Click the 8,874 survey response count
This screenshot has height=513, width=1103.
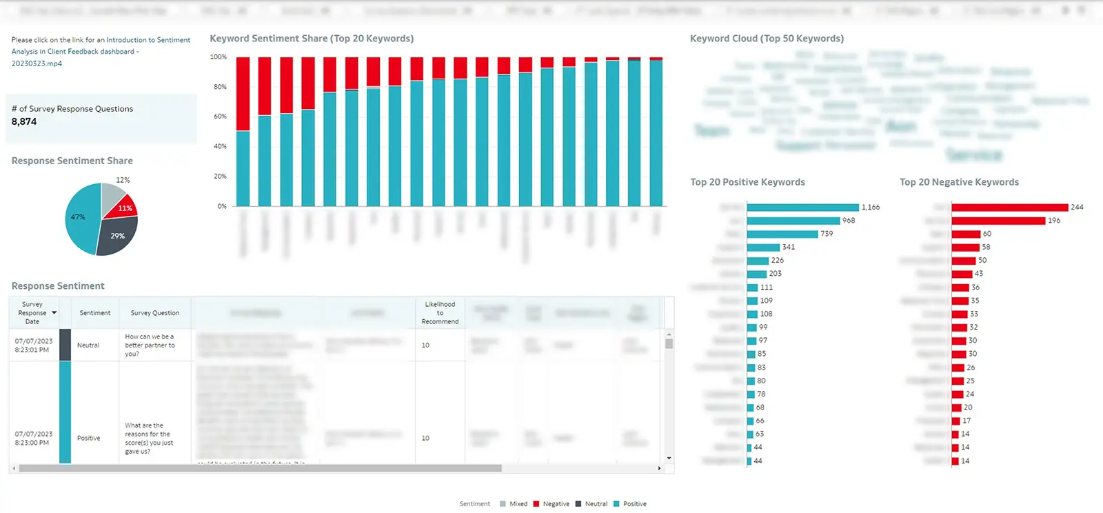point(24,121)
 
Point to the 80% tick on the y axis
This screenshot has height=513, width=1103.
point(220,87)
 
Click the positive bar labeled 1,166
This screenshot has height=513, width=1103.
point(802,208)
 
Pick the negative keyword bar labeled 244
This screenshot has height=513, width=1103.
point(1009,208)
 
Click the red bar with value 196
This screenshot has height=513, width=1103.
point(998,221)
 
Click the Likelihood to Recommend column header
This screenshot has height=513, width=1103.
point(440,313)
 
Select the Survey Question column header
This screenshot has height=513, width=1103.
point(155,313)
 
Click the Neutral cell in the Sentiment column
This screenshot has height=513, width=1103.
point(88,345)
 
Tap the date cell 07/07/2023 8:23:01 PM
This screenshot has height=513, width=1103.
point(33,345)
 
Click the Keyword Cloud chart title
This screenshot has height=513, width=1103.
point(767,39)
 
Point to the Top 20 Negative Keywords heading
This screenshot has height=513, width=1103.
point(959,182)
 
